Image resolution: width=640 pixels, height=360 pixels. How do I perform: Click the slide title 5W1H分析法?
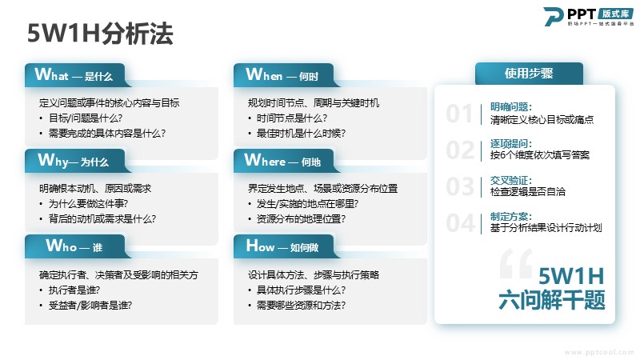(100, 34)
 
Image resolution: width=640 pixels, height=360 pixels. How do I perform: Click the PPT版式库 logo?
(589, 17)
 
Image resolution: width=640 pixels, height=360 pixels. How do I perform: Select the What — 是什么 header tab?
(74, 75)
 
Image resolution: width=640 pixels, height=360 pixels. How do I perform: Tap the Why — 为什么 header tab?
(74, 161)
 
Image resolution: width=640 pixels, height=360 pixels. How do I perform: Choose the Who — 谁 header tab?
(74, 246)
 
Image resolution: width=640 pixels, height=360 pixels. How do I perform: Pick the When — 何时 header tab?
(284, 75)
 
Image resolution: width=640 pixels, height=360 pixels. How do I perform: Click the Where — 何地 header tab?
(284, 161)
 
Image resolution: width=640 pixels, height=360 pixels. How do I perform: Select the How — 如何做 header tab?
(284, 246)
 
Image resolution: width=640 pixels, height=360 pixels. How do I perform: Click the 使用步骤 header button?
(529, 74)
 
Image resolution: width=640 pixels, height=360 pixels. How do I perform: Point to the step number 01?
(459, 114)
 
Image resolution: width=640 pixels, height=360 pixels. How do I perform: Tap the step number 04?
(460, 223)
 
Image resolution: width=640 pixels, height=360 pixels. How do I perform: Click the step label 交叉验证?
(511, 181)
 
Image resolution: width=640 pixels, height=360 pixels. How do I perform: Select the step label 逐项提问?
(511, 144)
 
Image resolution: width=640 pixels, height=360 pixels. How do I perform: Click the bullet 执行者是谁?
(74, 290)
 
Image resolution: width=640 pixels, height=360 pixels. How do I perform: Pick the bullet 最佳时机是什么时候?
(302, 134)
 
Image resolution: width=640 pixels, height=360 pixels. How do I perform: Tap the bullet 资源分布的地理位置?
(302, 219)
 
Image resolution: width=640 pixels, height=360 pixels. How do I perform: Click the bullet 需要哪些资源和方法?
(302, 306)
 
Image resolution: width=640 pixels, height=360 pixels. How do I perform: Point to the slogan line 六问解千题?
(552, 300)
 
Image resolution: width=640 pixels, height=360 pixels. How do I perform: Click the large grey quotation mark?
(516, 263)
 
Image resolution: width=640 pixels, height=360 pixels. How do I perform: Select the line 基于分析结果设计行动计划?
(546, 228)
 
